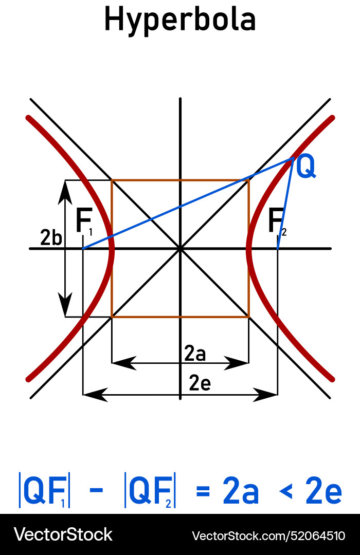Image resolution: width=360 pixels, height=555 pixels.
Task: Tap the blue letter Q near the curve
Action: (x=306, y=168)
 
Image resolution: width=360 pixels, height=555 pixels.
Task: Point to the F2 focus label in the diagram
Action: (x=277, y=223)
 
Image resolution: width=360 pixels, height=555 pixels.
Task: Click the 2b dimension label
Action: (x=51, y=238)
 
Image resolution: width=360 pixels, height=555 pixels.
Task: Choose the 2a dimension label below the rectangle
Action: (x=195, y=354)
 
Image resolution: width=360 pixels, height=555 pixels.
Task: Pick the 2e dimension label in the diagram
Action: (x=200, y=383)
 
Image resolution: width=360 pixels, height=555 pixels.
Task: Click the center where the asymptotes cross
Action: (x=180, y=249)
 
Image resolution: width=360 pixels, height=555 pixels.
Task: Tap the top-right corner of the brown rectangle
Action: (x=249, y=180)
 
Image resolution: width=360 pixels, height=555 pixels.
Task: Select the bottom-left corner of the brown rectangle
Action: (x=112, y=317)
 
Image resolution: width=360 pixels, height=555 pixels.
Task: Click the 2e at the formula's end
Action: (x=323, y=492)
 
